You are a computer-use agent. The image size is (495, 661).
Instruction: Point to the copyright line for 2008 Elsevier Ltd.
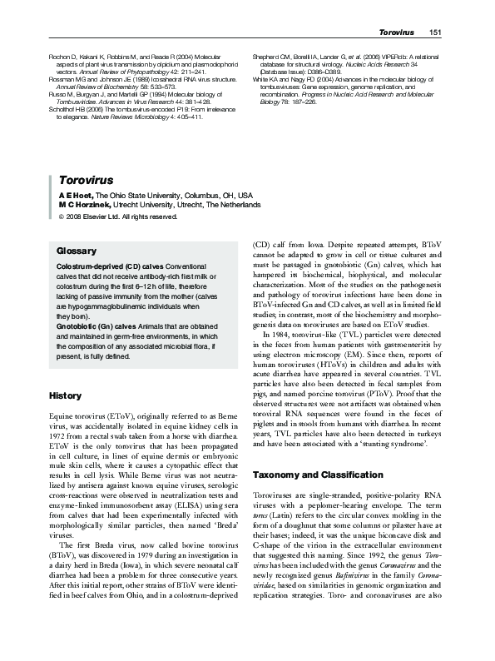pyautogui.click(x=116, y=217)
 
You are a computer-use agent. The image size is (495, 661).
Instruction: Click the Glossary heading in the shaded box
pyautogui.click(x=75, y=251)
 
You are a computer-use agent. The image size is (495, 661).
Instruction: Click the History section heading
pyautogui.click(x=66, y=395)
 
